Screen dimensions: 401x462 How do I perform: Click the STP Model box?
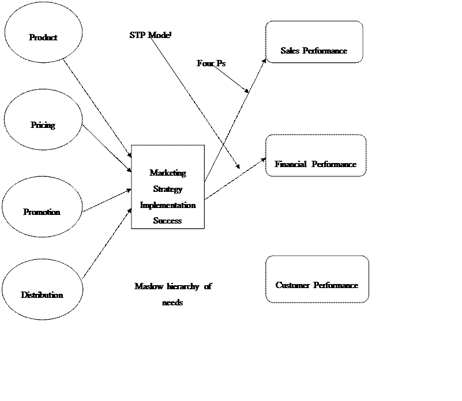point(144,52)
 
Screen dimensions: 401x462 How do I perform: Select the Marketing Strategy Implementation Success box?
point(168,187)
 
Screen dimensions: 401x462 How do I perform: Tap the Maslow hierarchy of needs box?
point(173,286)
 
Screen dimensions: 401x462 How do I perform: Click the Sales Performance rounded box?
point(314,42)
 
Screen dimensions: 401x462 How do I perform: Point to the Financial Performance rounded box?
point(315,156)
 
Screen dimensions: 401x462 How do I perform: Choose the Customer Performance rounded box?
point(317,279)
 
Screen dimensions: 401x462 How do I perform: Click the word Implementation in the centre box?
point(168,205)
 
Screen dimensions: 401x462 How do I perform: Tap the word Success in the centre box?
point(168,221)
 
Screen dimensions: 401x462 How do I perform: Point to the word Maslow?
point(148,286)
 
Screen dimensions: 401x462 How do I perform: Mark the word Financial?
point(290,164)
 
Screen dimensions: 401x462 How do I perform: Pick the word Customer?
point(293,285)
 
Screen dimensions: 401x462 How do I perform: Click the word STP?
point(137,35)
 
